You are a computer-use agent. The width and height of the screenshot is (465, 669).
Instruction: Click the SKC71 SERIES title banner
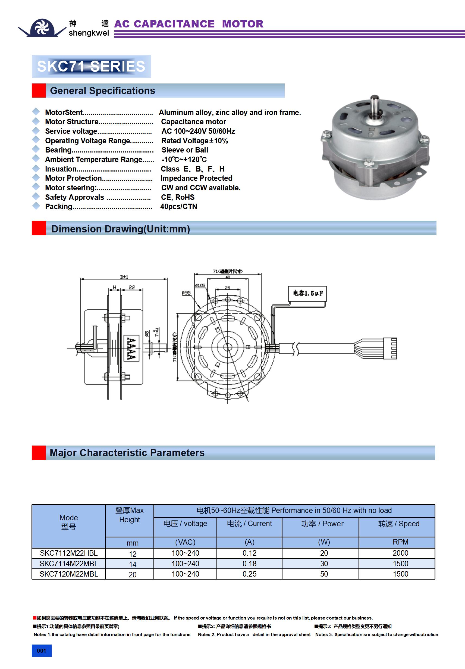91,66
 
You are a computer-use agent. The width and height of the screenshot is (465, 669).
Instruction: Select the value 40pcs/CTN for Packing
178,207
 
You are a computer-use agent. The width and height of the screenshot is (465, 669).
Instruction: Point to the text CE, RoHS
178,197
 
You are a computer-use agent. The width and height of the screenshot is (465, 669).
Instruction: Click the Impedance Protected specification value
196,178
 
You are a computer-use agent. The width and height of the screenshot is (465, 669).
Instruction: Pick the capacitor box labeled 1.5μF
307,293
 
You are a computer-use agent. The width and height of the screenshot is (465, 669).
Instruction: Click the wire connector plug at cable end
390,348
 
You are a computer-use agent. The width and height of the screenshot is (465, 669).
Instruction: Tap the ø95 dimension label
186,293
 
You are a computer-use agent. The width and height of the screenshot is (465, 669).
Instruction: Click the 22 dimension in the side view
132,287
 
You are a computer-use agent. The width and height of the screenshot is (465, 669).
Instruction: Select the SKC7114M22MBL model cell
69,564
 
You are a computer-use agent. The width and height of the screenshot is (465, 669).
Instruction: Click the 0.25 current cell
249,574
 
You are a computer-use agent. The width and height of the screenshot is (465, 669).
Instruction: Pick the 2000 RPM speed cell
400,553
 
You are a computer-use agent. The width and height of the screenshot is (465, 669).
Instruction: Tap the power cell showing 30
324,564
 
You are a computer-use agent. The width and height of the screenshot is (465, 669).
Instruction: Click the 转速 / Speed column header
399,524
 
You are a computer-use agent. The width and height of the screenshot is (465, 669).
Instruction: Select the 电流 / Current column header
249,524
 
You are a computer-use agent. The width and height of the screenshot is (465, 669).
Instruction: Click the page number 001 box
42,651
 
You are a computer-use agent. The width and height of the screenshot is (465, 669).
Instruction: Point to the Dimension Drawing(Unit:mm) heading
121,229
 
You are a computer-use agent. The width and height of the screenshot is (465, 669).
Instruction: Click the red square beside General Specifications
39,91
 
